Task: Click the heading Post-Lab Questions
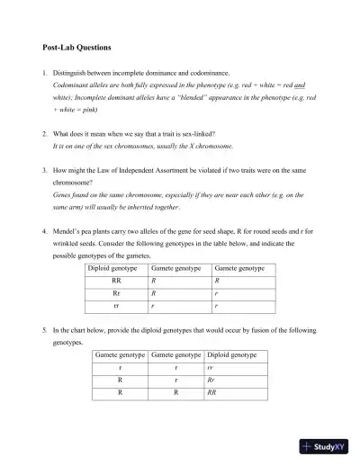click(77, 46)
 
